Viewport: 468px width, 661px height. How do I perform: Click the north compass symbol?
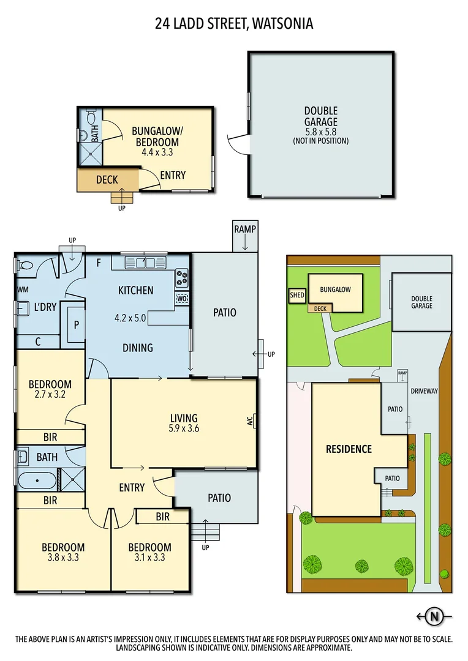435,616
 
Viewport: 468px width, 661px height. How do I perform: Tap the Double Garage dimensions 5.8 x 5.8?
321,132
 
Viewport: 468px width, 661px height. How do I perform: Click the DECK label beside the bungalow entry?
107,180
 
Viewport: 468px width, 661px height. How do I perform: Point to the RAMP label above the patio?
244,229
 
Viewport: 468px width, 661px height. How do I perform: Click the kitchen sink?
143,263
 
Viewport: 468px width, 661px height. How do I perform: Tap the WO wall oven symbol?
182,299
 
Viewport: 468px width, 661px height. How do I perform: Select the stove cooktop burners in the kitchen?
182,278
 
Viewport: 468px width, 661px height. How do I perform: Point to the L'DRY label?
45,307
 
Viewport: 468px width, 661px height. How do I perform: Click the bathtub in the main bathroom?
37,480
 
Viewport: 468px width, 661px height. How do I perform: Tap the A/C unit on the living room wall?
250,420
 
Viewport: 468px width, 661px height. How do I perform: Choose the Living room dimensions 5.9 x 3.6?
184,428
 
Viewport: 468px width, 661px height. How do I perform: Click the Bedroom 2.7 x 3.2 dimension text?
50,395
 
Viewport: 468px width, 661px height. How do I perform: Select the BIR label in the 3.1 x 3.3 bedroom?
162,517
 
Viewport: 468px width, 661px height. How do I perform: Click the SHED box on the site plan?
297,295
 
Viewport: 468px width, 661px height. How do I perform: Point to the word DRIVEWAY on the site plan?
424,391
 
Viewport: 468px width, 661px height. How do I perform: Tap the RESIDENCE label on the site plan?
349,449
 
